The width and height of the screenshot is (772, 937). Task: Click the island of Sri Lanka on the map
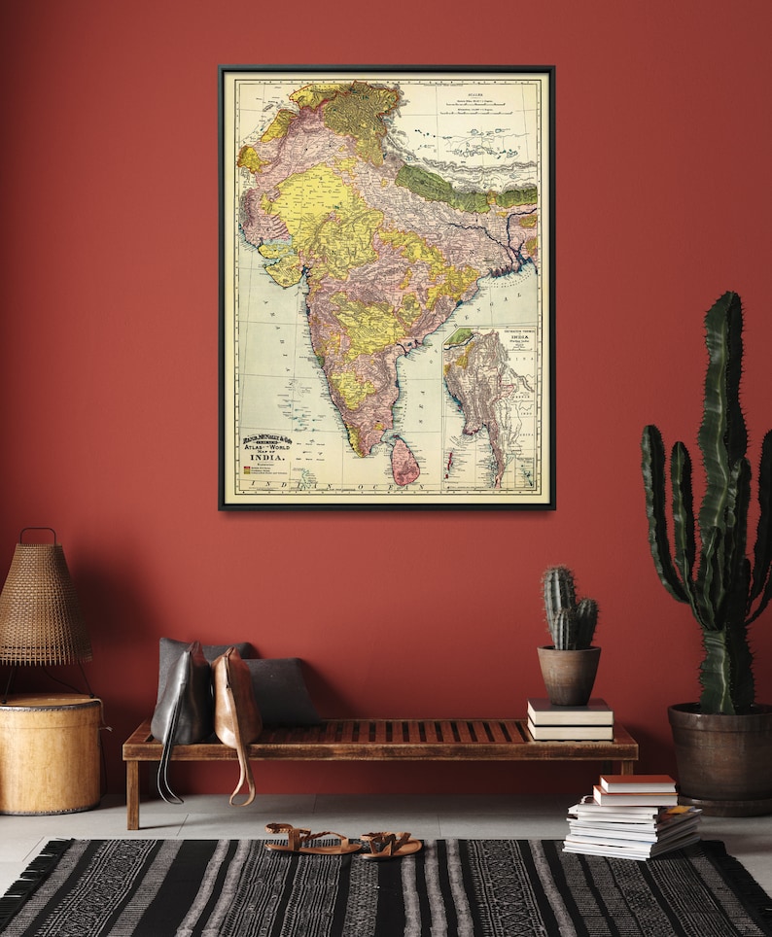pos(404,461)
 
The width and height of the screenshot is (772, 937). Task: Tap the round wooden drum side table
pos(50,752)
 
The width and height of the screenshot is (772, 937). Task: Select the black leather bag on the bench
pos(184,696)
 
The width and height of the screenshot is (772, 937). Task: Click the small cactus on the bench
pos(568,607)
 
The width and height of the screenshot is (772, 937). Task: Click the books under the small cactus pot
pos(570,720)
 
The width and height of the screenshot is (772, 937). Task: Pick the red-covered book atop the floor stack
pos(638,783)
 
